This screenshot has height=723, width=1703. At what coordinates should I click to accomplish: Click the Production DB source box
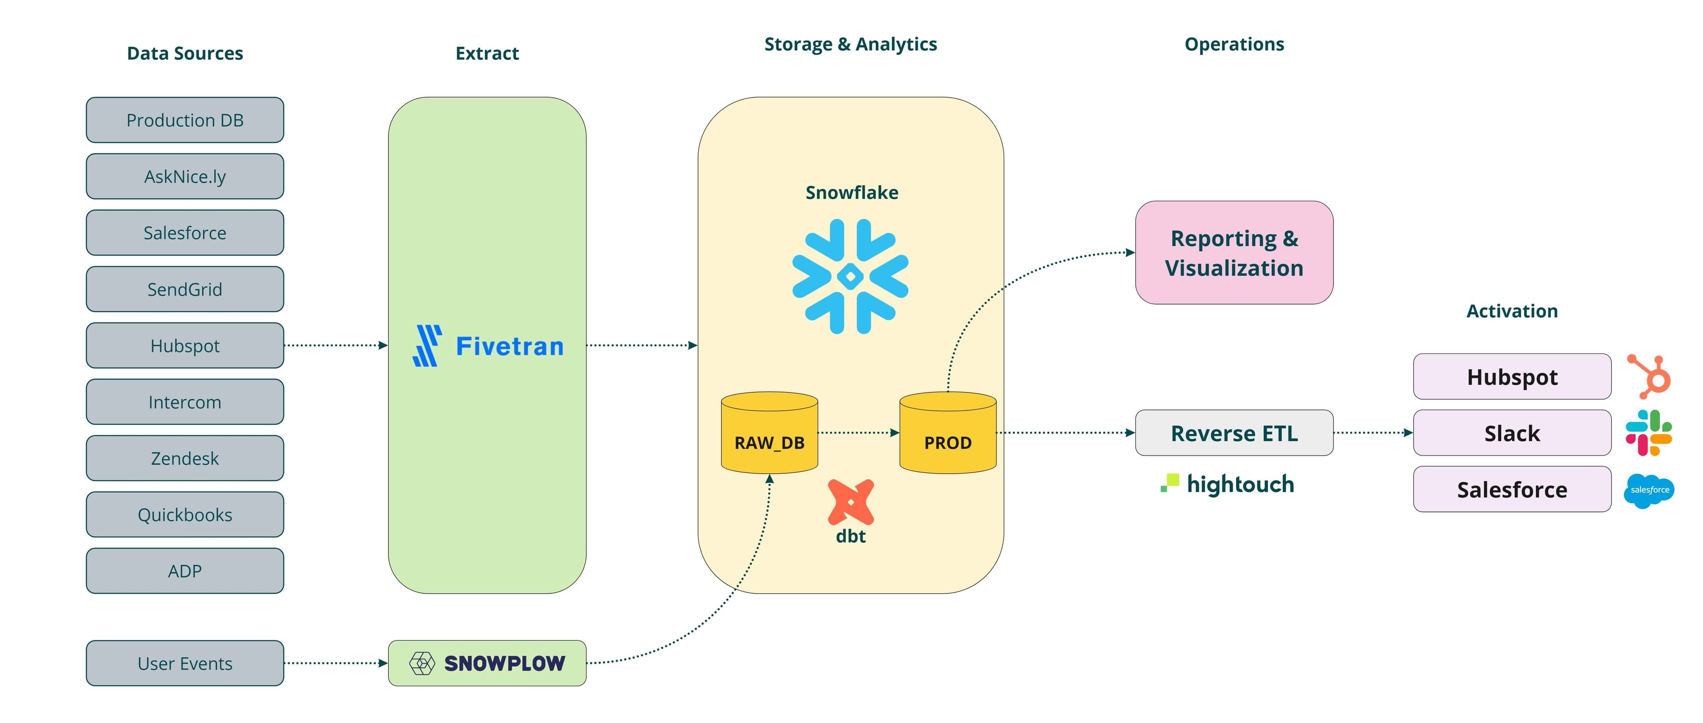[184, 120]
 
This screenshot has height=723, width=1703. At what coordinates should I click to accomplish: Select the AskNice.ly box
[184, 176]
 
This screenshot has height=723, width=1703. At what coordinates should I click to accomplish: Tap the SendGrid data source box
[184, 289]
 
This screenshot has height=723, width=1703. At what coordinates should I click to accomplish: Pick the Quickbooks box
[184, 514]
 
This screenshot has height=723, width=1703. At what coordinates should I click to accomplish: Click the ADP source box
[184, 570]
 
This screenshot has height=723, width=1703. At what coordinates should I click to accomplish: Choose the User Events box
[184, 663]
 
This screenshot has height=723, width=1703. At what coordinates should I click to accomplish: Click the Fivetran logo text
[509, 346]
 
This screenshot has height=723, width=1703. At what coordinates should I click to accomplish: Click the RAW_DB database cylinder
[769, 436]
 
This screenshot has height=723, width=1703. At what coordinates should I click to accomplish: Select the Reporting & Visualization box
[1234, 253]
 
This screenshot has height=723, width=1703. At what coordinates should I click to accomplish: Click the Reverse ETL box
[1234, 432]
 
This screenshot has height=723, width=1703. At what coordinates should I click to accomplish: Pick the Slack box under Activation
[1512, 432]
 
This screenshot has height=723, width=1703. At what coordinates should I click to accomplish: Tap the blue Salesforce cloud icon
[1649, 490]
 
